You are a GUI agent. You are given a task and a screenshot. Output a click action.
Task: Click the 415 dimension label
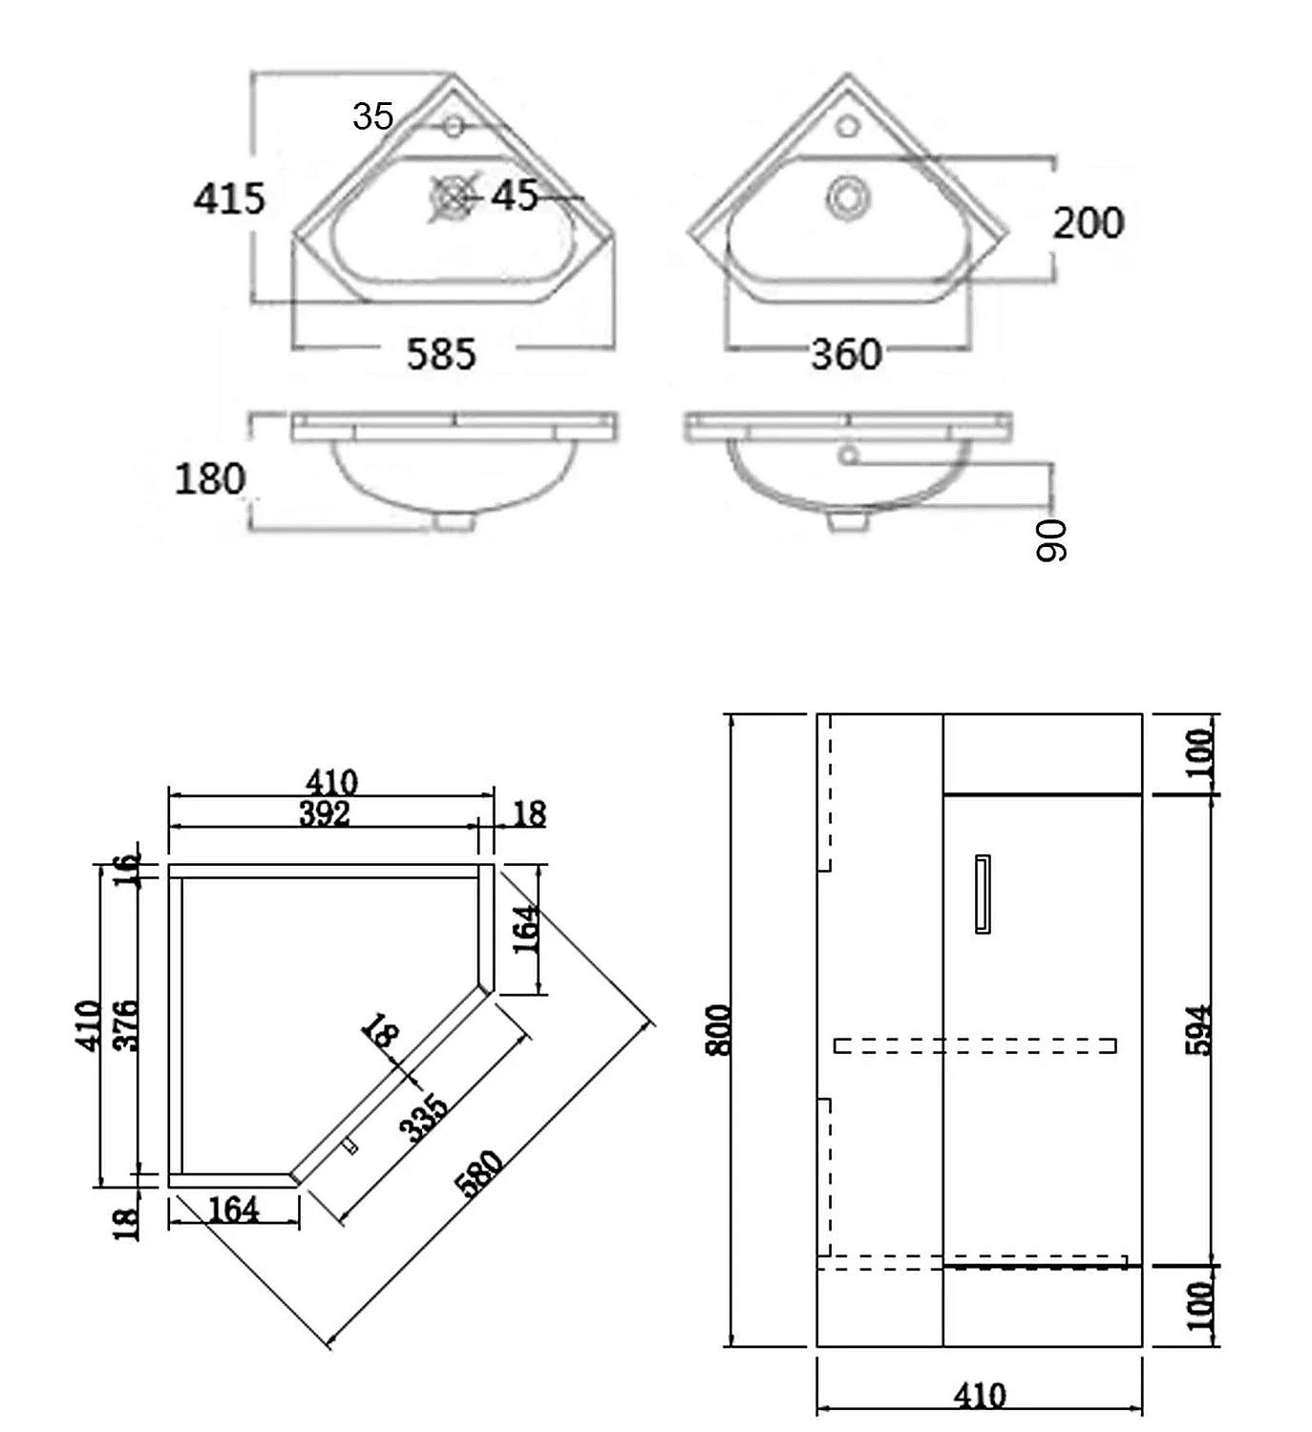tap(229, 199)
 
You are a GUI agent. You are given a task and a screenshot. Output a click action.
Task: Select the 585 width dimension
tap(440, 354)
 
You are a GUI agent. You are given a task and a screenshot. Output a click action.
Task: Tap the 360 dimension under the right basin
tap(846, 355)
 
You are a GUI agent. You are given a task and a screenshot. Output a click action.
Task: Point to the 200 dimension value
tap(1088, 223)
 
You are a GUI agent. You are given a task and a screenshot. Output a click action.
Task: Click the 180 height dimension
tap(210, 478)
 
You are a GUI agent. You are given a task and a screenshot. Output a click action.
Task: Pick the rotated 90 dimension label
tap(1051, 540)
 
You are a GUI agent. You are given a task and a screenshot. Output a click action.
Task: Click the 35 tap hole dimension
tap(372, 116)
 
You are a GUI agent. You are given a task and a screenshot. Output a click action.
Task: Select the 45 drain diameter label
tap(516, 196)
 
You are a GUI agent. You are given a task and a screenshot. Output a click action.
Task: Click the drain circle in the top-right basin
tap(847, 198)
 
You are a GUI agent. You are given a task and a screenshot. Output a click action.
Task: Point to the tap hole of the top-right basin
tap(847, 125)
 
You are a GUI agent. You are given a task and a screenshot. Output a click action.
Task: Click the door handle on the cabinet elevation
tap(982, 894)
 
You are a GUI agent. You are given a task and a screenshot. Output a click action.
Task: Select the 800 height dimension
tap(719, 1029)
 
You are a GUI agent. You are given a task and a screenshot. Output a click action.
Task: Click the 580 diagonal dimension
tap(479, 1173)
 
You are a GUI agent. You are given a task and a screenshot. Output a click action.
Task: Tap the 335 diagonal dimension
tap(423, 1118)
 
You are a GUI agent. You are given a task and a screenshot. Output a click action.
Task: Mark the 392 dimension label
tap(325, 814)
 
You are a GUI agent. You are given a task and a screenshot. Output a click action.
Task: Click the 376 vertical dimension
tap(126, 1024)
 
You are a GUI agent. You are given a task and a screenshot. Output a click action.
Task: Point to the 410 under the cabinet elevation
tap(980, 1396)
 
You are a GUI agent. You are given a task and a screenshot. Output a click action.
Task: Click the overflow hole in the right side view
tap(846, 455)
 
